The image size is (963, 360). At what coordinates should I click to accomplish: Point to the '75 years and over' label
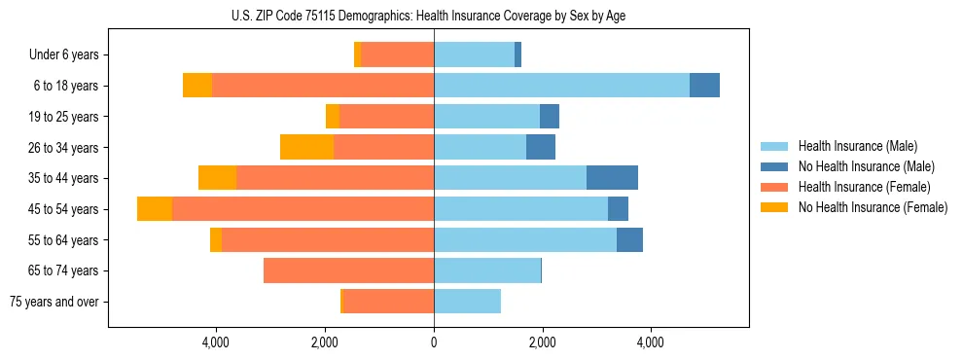click(x=54, y=302)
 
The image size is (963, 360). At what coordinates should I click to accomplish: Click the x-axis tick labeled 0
click(x=434, y=342)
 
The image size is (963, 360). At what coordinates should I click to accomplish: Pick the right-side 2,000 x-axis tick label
click(x=542, y=342)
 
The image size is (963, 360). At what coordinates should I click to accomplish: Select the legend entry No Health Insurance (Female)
click(x=873, y=207)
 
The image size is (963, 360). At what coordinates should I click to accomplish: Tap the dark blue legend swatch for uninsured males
click(x=774, y=166)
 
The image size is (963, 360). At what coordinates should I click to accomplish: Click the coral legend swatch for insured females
click(x=774, y=187)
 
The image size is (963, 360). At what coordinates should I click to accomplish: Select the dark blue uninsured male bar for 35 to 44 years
click(x=612, y=178)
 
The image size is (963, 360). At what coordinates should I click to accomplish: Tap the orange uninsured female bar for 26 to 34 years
click(x=306, y=147)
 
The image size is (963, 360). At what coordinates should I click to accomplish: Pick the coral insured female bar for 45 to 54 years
click(x=303, y=209)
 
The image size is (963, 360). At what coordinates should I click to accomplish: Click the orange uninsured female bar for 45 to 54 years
click(x=155, y=209)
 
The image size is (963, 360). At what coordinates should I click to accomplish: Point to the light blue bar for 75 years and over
click(x=467, y=302)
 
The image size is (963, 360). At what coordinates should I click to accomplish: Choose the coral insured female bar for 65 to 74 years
click(x=348, y=270)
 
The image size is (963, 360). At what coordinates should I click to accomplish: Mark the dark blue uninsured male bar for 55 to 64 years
click(x=629, y=239)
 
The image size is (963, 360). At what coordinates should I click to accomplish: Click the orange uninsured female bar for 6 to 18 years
click(x=197, y=86)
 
